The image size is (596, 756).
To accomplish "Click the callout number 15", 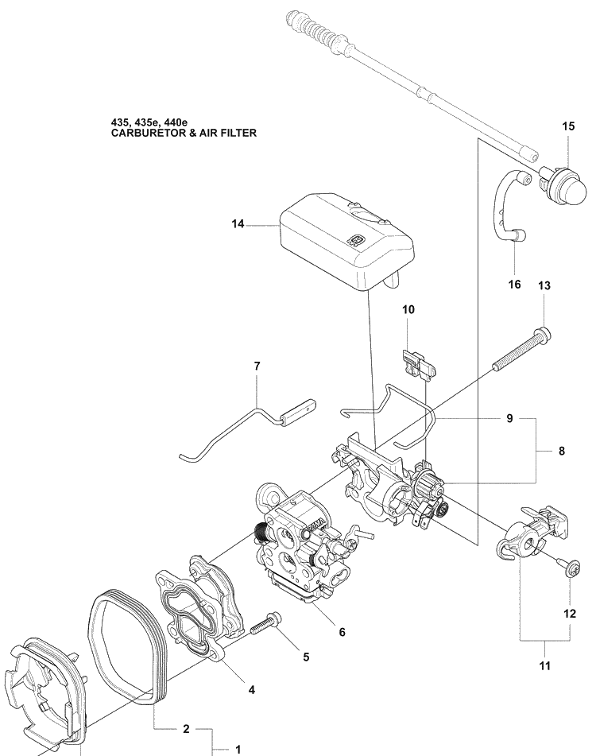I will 568,126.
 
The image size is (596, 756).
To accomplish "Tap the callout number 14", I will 238,225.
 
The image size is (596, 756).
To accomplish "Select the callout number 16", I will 514,285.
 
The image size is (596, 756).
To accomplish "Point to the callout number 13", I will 544,285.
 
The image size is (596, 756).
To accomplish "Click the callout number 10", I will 408,309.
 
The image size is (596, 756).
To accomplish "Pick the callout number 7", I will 257,366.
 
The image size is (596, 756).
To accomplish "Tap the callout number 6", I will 342,633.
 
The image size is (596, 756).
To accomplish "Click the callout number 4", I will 251,690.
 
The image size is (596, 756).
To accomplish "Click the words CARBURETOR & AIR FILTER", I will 184,134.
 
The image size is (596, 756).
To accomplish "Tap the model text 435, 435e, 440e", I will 149,122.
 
